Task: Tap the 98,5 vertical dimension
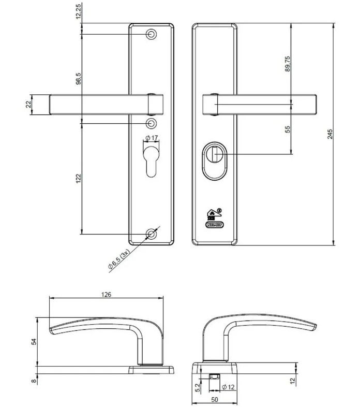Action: tap(78, 79)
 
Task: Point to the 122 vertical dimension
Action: tap(78, 179)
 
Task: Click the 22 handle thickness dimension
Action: tap(29, 104)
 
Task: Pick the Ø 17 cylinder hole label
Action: tap(152, 138)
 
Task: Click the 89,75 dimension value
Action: tap(288, 63)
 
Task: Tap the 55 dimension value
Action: tap(288, 128)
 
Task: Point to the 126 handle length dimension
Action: tap(106, 294)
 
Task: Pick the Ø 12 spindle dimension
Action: tap(228, 387)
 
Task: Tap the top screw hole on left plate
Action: tap(151, 34)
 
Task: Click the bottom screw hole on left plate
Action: tap(151, 234)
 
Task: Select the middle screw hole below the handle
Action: tap(151, 123)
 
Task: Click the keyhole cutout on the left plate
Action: tap(151, 161)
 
